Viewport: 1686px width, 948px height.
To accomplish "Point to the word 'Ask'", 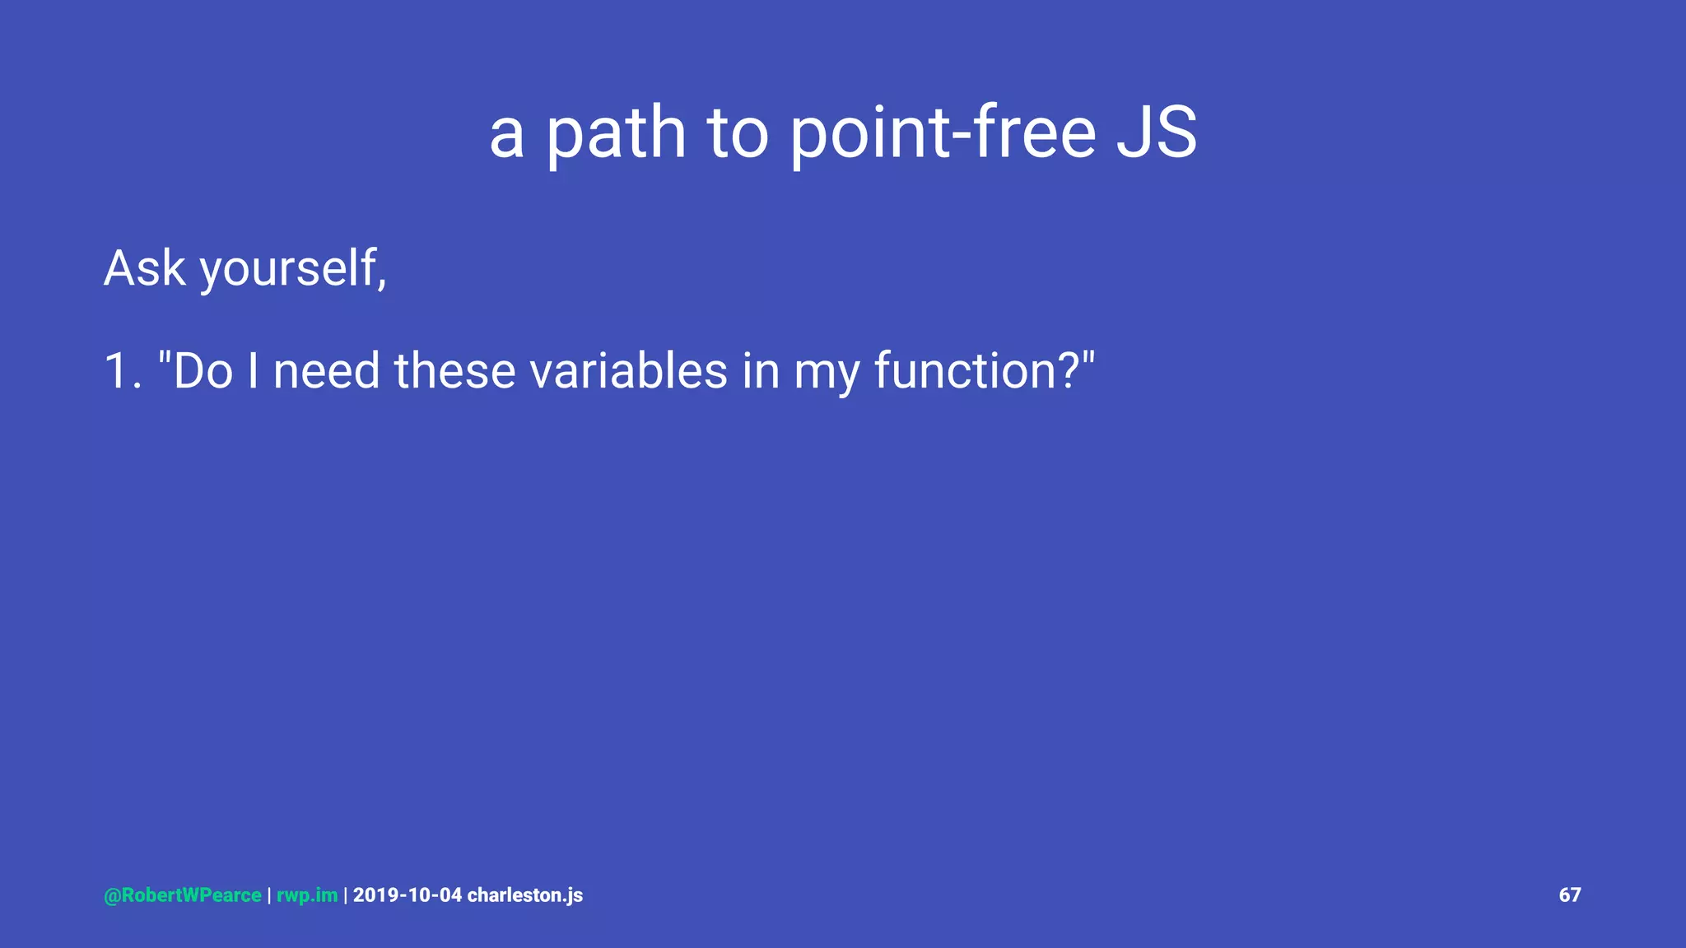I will click(145, 268).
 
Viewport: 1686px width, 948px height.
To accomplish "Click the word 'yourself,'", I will click(293, 268).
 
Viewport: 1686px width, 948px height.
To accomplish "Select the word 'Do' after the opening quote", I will click(203, 371).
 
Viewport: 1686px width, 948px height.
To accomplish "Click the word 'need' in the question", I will click(326, 371).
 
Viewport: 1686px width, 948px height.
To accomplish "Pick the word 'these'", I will click(455, 371).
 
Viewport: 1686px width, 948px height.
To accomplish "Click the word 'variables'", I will click(628, 371).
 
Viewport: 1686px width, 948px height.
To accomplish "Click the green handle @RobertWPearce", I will click(183, 895).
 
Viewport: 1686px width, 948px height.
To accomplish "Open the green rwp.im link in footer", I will click(307, 895).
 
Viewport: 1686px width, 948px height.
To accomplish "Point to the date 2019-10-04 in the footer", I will click(408, 895).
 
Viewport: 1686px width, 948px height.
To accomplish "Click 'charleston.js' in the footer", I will click(525, 895).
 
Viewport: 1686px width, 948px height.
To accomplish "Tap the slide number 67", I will click(1569, 895).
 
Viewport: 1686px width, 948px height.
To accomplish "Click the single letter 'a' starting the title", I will click(506, 136).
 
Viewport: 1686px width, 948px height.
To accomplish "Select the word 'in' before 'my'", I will click(761, 371).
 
